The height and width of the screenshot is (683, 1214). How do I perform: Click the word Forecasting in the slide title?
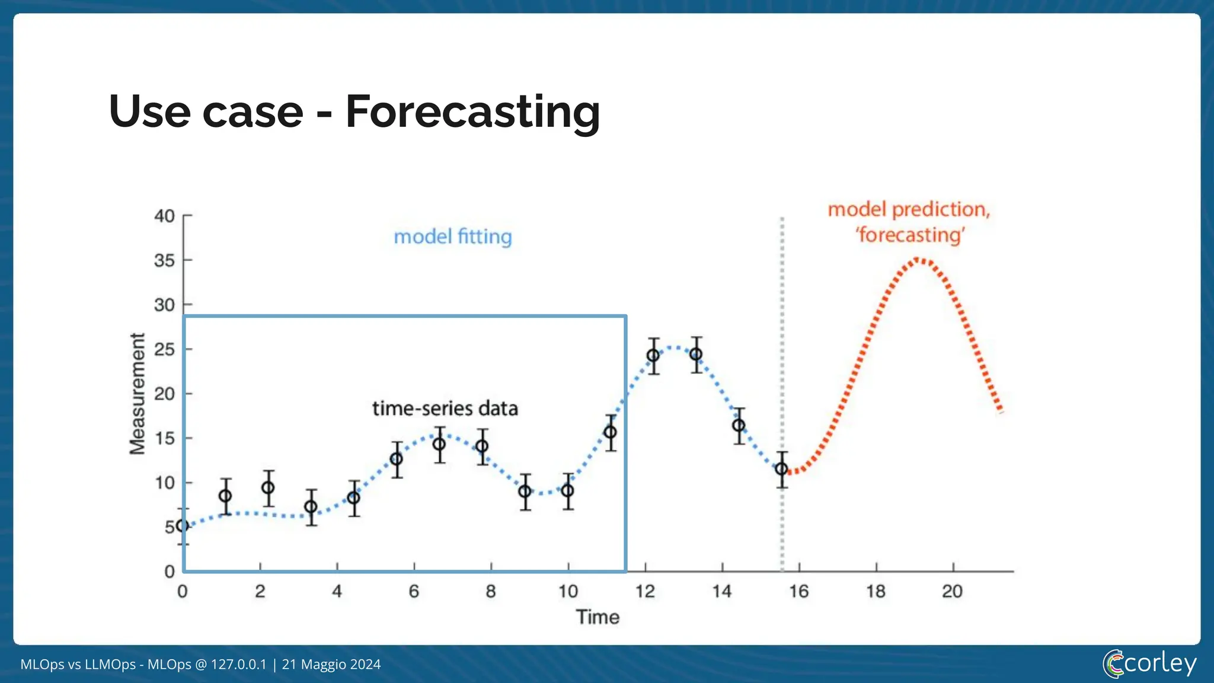(472, 111)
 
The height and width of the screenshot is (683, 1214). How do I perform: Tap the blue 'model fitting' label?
(453, 237)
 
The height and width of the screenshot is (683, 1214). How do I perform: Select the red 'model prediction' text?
(909, 209)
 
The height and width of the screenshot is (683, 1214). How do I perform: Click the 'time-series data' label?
(445, 408)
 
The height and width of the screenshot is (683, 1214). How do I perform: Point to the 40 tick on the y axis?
(165, 216)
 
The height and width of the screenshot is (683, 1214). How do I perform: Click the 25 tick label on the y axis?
(165, 349)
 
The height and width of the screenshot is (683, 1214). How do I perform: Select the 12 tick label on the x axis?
(645, 591)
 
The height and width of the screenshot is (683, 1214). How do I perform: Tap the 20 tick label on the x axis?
(953, 591)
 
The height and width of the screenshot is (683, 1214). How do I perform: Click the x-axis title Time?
(598, 617)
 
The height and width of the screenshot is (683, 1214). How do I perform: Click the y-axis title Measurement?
(138, 394)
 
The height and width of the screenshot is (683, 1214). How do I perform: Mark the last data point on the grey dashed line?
(782, 469)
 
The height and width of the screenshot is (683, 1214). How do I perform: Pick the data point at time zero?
(183, 526)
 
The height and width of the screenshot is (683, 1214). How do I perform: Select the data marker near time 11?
(610, 432)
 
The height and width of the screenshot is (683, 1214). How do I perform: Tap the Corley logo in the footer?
(1149, 663)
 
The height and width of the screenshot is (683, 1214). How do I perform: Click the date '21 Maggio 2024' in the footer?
(331, 665)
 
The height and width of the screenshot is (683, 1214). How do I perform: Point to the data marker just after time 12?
(653, 356)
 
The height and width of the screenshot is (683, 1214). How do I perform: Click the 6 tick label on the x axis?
(414, 591)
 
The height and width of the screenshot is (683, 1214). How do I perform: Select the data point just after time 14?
(739, 426)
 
